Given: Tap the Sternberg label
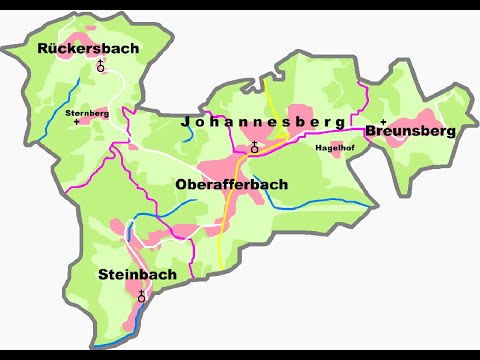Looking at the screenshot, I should coord(86,113).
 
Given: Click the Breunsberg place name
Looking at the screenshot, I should coord(410,130).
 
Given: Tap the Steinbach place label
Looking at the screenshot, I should coord(137,274).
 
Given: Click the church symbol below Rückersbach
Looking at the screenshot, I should coord(101,67).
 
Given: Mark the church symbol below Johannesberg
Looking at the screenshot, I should coord(254,147).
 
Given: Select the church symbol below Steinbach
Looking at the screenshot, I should coord(141,296).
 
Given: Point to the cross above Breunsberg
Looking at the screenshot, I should coord(384,121).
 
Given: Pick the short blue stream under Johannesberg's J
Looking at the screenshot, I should coord(188,134).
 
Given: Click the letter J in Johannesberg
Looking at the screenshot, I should coord(186,121).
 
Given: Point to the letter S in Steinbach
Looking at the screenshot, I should coord(104,274).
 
